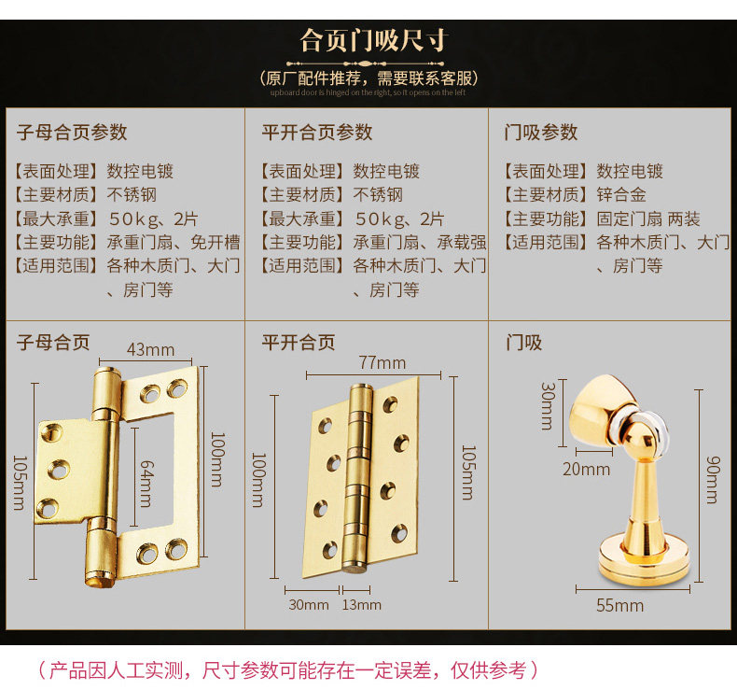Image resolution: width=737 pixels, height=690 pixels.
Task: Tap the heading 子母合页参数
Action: [x=72, y=132]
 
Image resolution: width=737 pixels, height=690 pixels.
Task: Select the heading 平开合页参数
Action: [x=316, y=132]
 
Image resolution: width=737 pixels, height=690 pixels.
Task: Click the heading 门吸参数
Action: [x=541, y=132]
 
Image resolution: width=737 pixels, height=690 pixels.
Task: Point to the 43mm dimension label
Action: [x=150, y=350]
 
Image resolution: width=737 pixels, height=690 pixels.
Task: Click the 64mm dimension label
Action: [x=146, y=484]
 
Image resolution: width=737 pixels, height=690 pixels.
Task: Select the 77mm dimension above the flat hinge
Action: [x=382, y=362]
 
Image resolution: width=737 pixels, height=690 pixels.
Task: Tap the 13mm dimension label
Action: [x=363, y=604]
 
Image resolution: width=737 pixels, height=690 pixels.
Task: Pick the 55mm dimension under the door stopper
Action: [x=620, y=605]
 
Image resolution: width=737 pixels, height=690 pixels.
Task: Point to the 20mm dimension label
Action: [x=586, y=469]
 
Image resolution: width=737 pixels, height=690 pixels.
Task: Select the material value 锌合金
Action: [x=621, y=195]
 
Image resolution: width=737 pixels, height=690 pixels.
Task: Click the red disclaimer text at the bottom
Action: [x=288, y=669]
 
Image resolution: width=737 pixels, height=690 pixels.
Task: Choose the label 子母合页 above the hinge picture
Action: [x=53, y=343]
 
